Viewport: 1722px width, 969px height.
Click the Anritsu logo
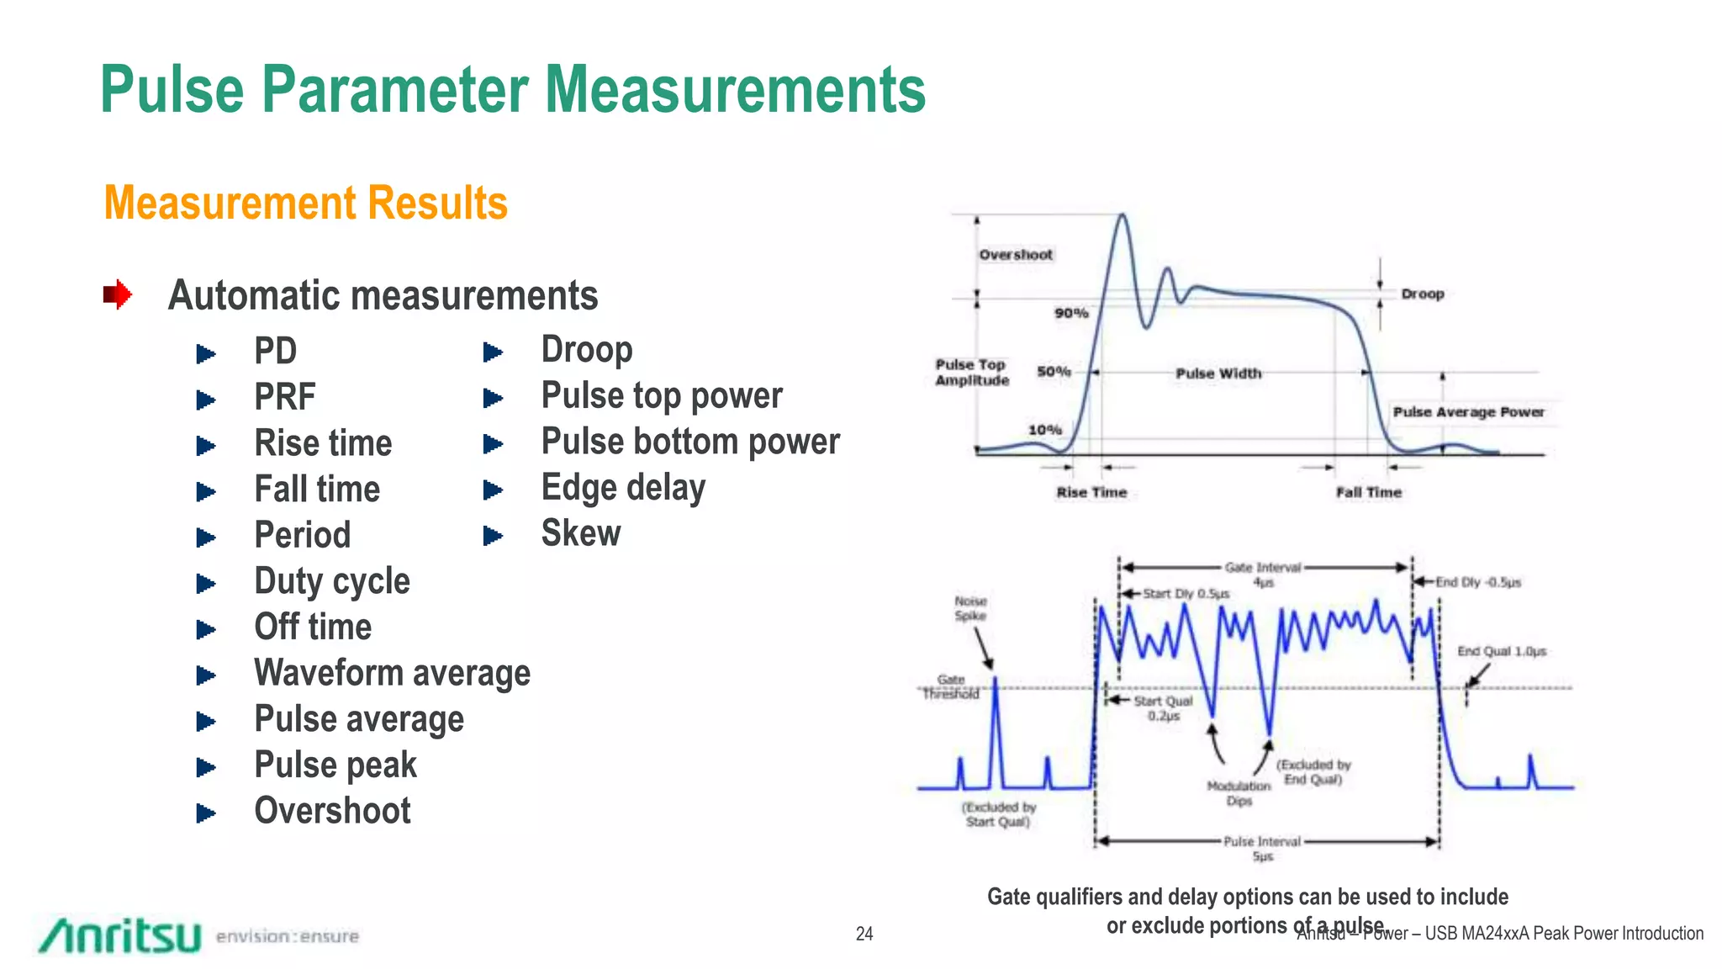pyautogui.click(x=120, y=935)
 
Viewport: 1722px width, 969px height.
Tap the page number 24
pyautogui.click(x=864, y=934)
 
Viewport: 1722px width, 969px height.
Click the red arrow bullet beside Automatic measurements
pyautogui.click(x=118, y=295)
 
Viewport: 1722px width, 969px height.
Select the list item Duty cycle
pyautogui.click(x=332, y=581)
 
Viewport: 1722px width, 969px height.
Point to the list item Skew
pyautogui.click(x=581, y=533)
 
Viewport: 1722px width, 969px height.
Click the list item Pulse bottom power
pyautogui.click(x=690, y=442)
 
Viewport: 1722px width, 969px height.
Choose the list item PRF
pyautogui.click(x=285, y=397)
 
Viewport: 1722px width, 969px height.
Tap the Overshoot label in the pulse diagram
pyautogui.click(x=1015, y=255)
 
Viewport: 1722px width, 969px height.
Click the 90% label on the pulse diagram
pyautogui.click(x=1071, y=313)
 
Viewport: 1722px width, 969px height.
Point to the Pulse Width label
pyautogui.click(x=1218, y=373)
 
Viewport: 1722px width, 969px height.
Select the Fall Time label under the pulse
pyautogui.click(x=1369, y=492)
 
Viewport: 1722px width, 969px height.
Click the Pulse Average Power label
pyautogui.click(x=1468, y=412)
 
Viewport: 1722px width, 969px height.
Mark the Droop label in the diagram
pyautogui.click(x=1423, y=294)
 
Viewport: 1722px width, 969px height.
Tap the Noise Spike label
pyautogui.click(x=970, y=608)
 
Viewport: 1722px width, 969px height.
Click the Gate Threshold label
pyautogui.click(x=951, y=686)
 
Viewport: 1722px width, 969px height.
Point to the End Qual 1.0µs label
pyautogui.click(x=1502, y=651)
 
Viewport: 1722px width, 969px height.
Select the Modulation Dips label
pyautogui.click(x=1239, y=793)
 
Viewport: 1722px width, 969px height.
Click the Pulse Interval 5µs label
pyautogui.click(x=1262, y=848)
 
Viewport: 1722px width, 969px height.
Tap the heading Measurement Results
pyautogui.click(x=306, y=204)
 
